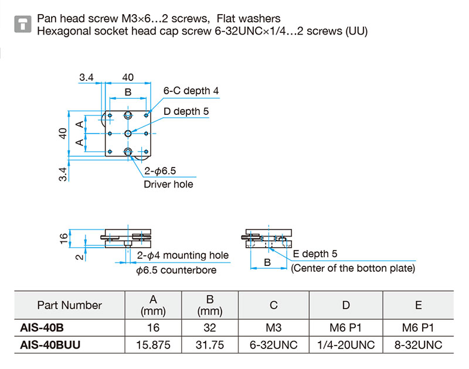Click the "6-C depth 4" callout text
[191, 91]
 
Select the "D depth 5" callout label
[186, 111]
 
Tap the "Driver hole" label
[168, 184]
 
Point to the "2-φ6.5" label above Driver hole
[160, 171]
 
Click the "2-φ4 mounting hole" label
[183, 255]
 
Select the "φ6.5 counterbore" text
[176, 270]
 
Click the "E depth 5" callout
[315, 254]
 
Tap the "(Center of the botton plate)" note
[353, 268]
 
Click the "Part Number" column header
[69, 305]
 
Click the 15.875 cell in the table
[154, 345]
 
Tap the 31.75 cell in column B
[210, 345]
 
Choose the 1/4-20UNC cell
[346, 345]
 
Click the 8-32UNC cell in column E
[418, 345]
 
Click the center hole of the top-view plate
[128, 134]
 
